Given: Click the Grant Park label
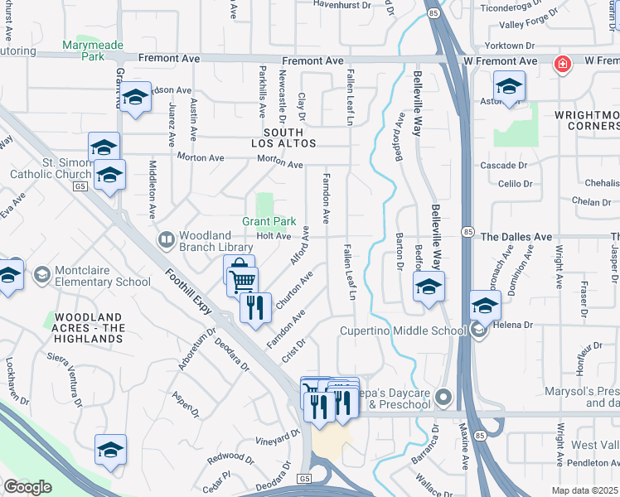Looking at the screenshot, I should pyautogui.click(x=269, y=222).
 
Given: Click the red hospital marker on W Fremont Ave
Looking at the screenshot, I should pyautogui.click(x=563, y=64).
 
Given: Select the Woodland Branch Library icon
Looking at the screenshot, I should pyautogui.click(x=167, y=240).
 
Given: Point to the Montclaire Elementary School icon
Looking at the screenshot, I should pyautogui.click(x=41, y=274).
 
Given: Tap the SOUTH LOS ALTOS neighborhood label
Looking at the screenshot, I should pyautogui.click(x=289, y=138).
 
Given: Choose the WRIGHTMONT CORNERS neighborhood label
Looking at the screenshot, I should pyautogui.click(x=593, y=119).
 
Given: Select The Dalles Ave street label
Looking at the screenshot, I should pyautogui.click(x=516, y=237).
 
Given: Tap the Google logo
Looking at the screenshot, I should pyautogui.click(x=28, y=487).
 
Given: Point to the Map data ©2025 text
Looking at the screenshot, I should pyautogui.click(x=585, y=490).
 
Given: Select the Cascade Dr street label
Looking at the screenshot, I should pyautogui.click(x=500, y=166).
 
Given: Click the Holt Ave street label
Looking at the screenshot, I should pyautogui.click(x=273, y=236).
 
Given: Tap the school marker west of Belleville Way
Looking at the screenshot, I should pyautogui.click(x=428, y=287).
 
